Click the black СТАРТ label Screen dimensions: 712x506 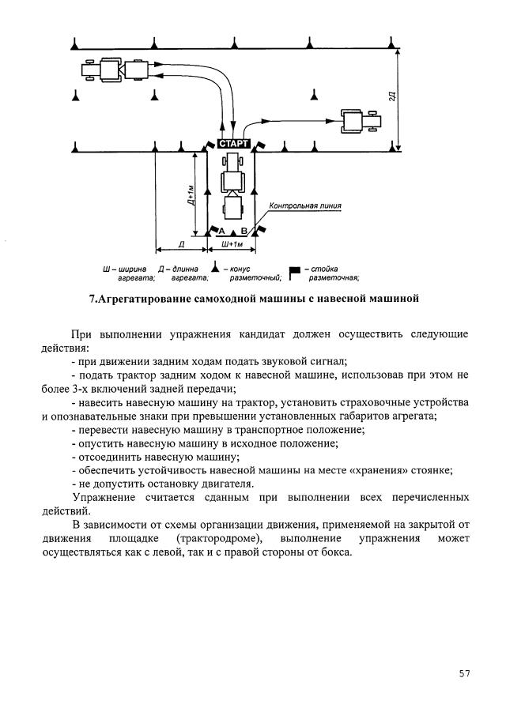click(232, 144)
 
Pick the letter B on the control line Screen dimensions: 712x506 click(244, 230)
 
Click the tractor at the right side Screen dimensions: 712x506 click(359, 121)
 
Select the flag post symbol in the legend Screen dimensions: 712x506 click(295, 272)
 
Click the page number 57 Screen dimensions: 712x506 click(464, 673)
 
